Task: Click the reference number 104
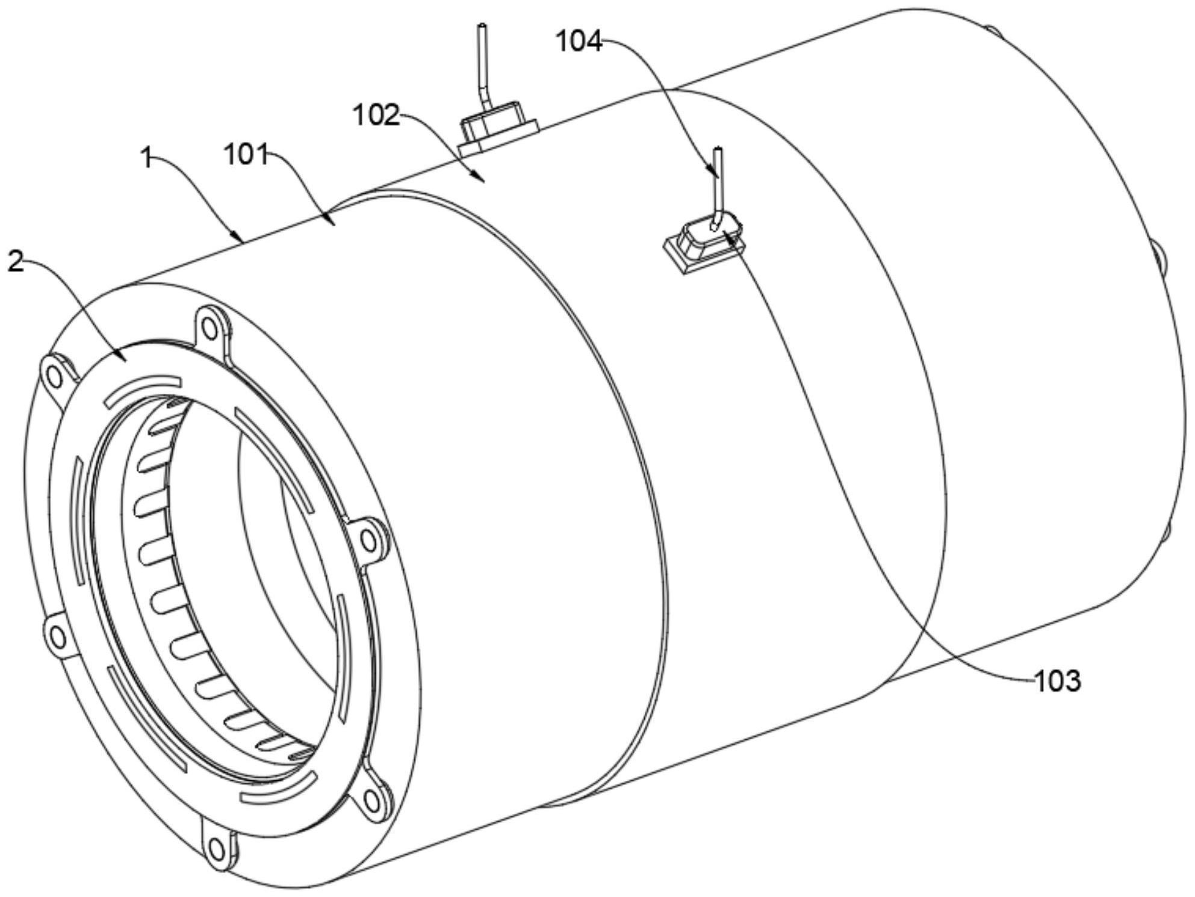(578, 42)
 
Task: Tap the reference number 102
(376, 114)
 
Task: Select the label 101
(246, 155)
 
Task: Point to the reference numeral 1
(146, 159)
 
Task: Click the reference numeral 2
(16, 262)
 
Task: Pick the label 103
(1057, 681)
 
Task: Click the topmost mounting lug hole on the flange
(209, 329)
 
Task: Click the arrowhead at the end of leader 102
(482, 179)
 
